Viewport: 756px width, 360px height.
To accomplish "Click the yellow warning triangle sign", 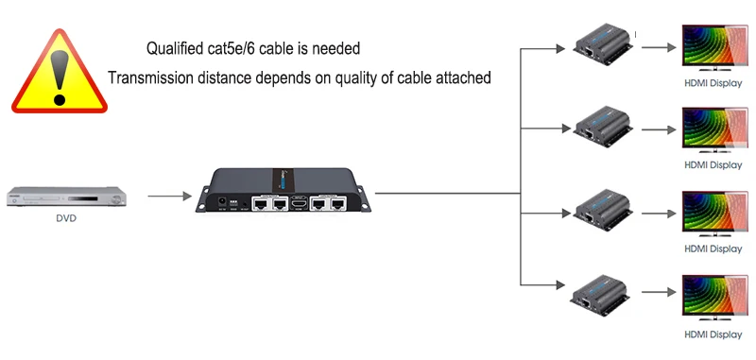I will [x=59, y=68].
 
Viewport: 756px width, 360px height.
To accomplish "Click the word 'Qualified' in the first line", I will [x=177, y=47].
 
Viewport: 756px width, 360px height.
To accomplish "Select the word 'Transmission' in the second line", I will [x=154, y=77].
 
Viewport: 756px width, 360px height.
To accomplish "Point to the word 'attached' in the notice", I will [x=461, y=77].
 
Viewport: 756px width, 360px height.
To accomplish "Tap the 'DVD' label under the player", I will [x=65, y=218].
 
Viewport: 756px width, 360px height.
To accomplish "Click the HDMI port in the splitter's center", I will [x=300, y=202].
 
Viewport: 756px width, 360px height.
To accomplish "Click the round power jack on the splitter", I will [x=223, y=201].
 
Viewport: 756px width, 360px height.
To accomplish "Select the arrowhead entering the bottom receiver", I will [x=563, y=287].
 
